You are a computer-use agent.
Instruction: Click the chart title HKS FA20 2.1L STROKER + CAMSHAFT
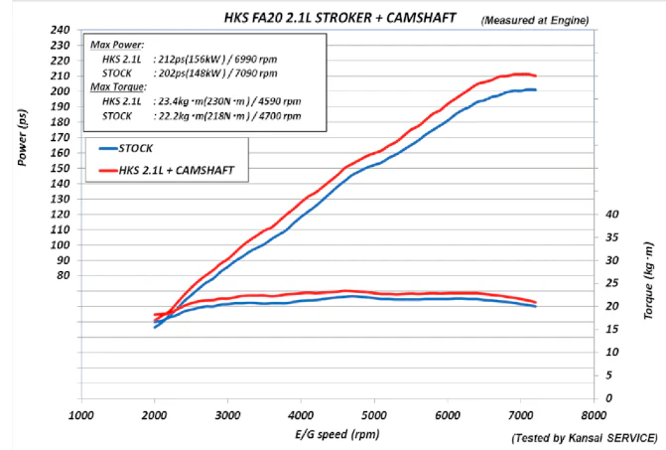tap(339, 18)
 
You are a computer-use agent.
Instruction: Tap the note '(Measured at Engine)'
tap(535, 21)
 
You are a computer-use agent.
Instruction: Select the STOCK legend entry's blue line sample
tap(108, 148)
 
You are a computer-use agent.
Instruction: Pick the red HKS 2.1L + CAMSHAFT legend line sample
tap(108, 171)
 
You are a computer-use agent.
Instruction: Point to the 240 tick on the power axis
tap(60, 30)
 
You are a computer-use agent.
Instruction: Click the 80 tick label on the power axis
tap(63, 275)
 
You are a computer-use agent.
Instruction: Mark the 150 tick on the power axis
tap(60, 168)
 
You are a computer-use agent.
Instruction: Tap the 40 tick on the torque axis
tap(612, 215)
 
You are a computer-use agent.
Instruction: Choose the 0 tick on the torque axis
tap(609, 398)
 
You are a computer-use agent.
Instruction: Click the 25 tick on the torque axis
tap(612, 283)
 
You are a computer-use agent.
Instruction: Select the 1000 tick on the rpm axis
tap(81, 415)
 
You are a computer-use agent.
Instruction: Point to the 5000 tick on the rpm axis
tap(374, 415)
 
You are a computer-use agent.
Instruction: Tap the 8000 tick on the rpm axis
tap(594, 415)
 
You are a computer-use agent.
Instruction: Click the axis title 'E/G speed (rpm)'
tap(337, 434)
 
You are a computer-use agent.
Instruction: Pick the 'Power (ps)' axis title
tap(23, 137)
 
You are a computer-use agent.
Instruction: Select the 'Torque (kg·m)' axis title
tap(648, 280)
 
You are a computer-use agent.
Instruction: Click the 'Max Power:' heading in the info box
tap(117, 45)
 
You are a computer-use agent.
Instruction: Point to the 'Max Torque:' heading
tap(118, 87)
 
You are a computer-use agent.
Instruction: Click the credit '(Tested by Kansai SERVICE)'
tap(586, 438)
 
